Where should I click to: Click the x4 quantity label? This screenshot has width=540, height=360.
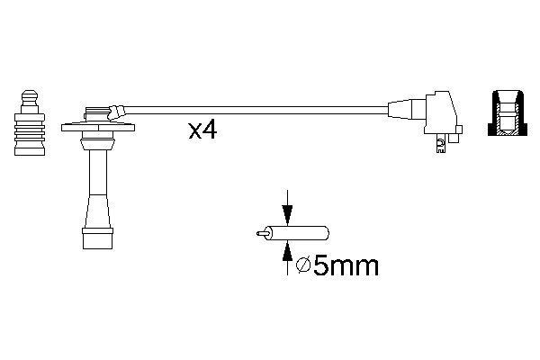point(203,130)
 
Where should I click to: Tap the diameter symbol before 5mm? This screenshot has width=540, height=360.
point(304,265)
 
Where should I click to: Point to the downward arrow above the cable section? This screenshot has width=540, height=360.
point(286,210)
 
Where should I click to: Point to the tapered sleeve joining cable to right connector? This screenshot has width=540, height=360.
point(400,112)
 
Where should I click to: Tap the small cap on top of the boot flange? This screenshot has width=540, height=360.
point(92,113)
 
